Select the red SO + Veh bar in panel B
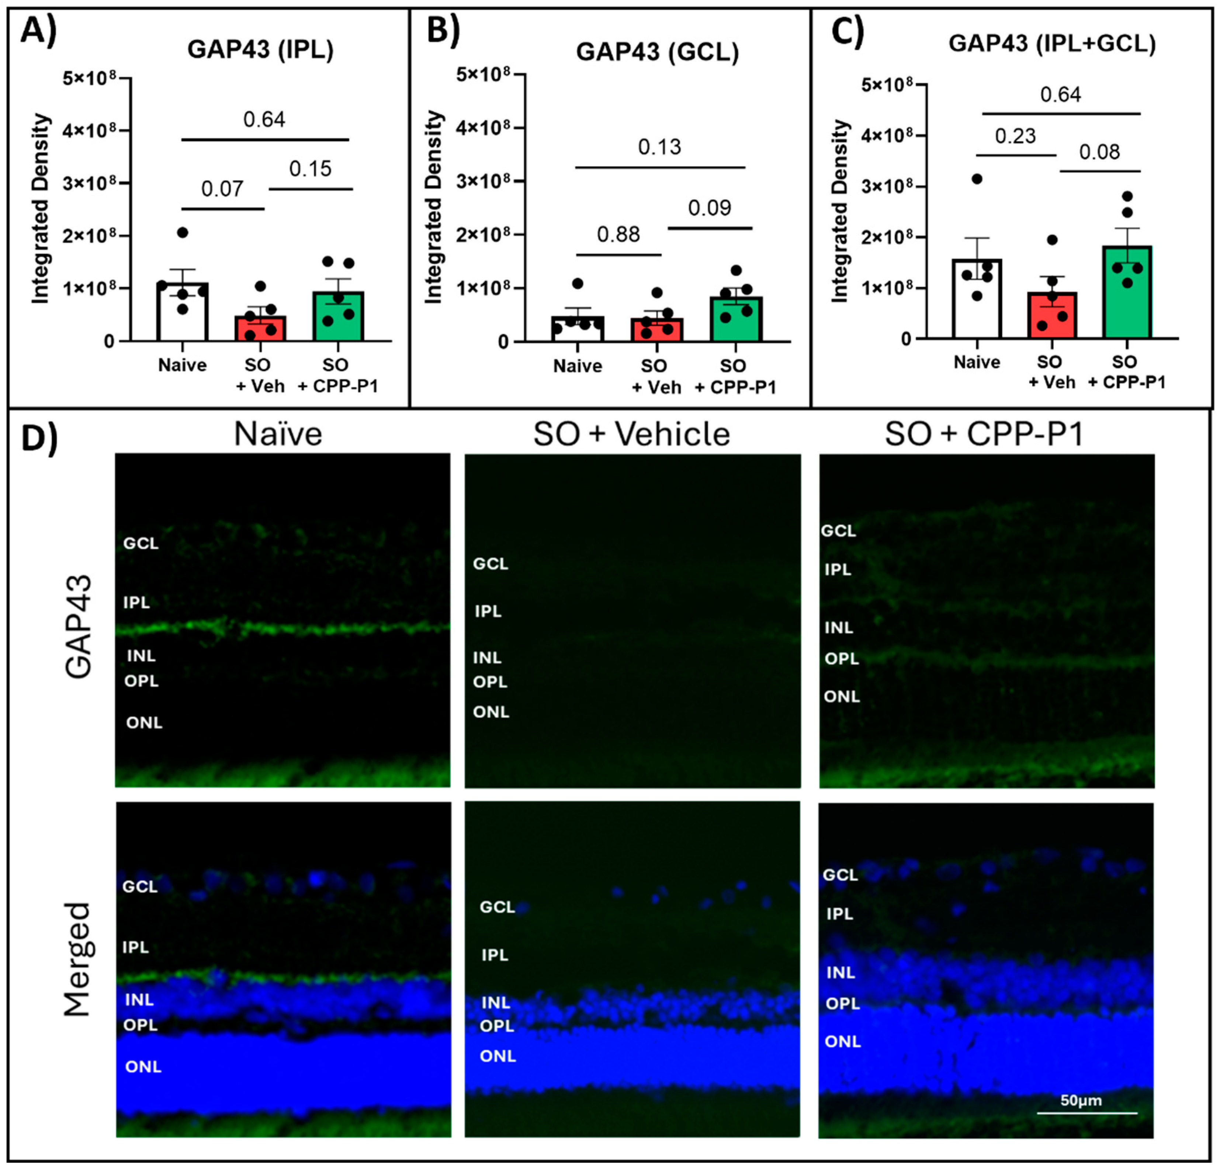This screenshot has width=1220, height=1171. tap(657, 330)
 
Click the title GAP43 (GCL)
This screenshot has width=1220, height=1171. tap(657, 52)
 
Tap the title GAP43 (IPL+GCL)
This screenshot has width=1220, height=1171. tap(1051, 43)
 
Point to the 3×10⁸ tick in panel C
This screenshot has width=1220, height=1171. tap(886, 186)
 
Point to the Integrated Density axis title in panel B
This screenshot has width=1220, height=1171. tap(433, 207)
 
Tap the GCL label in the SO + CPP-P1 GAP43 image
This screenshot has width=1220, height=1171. tap(838, 531)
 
